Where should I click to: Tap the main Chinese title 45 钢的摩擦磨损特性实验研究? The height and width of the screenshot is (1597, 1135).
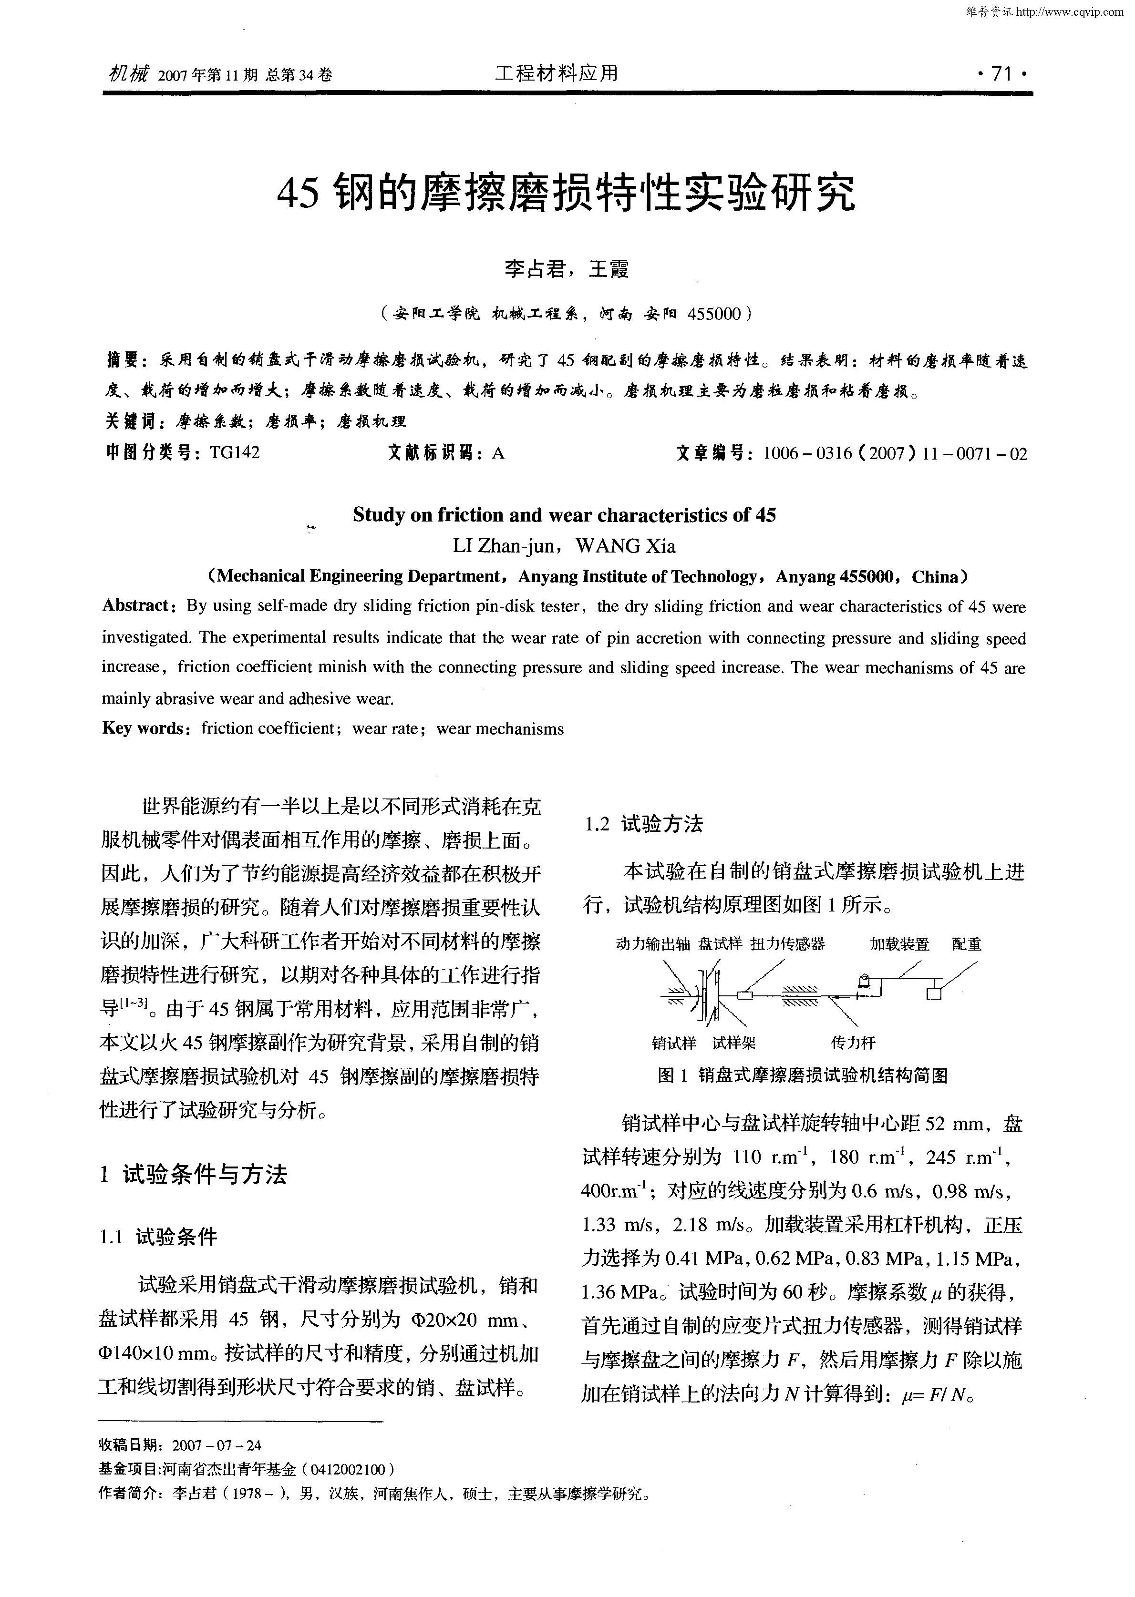tap(566, 192)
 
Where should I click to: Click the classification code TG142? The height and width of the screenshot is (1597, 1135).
tap(234, 453)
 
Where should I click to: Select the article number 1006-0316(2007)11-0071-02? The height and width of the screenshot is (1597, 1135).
tap(895, 454)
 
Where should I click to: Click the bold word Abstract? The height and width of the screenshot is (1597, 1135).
tap(136, 606)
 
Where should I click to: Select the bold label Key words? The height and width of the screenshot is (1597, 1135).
tap(143, 728)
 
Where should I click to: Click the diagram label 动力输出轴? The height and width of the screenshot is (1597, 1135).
tap(653, 944)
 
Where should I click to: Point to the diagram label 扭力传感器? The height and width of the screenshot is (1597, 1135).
tap(788, 944)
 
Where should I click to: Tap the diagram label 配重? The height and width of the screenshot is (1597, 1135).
tap(967, 944)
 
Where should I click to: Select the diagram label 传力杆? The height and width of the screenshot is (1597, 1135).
tap(853, 1043)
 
